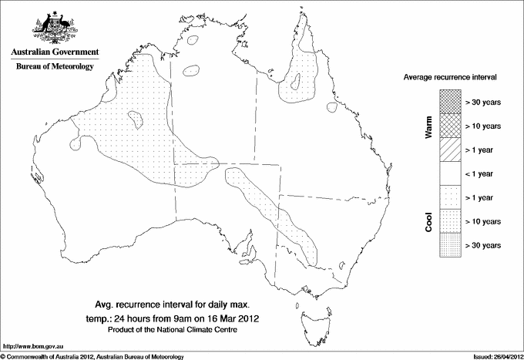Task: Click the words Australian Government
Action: (55, 52)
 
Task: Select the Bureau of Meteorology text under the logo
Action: (55, 67)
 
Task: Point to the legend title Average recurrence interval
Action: (449, 79)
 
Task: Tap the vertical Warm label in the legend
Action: (429, 126)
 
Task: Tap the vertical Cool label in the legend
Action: (429, 221)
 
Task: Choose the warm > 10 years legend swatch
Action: (451, 126)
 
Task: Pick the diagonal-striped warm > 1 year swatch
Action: (451, 150)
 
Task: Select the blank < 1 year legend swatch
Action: (451, 173)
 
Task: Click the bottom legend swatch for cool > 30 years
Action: (451, 245)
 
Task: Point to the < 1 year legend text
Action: (483, 173)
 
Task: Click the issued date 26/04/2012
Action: (502, 356)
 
